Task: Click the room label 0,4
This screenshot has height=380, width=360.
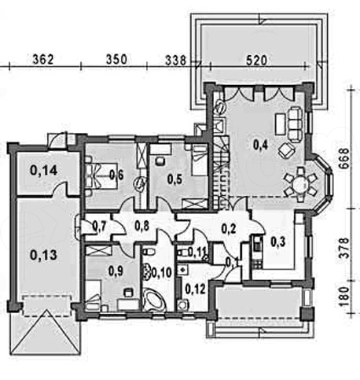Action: coord(260,145)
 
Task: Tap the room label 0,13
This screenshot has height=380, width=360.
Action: coord(43,255)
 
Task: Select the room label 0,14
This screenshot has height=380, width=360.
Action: coord(43,171)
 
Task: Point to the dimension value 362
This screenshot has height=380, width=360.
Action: coord(43,59)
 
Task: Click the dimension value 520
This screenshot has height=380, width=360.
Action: coord(256,61)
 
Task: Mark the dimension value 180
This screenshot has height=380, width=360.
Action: coord(345,297)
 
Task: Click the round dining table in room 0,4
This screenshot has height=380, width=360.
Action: coord(300,185)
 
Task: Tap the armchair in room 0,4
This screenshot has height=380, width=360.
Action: coord(286,150)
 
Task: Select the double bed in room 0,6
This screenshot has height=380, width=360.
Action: coord(101,175)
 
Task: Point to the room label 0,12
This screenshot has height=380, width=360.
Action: coord(195,289)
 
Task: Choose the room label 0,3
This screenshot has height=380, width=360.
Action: coord(277,242)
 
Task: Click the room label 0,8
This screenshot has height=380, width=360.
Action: coord(141,226)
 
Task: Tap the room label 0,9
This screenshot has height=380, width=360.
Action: coord(116,271)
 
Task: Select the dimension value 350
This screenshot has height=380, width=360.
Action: coord(116,59)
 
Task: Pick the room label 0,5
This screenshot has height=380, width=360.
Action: coord(174,179)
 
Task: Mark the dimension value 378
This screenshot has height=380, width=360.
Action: coord(345,248)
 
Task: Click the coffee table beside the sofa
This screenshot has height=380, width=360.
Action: coord(280,124)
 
